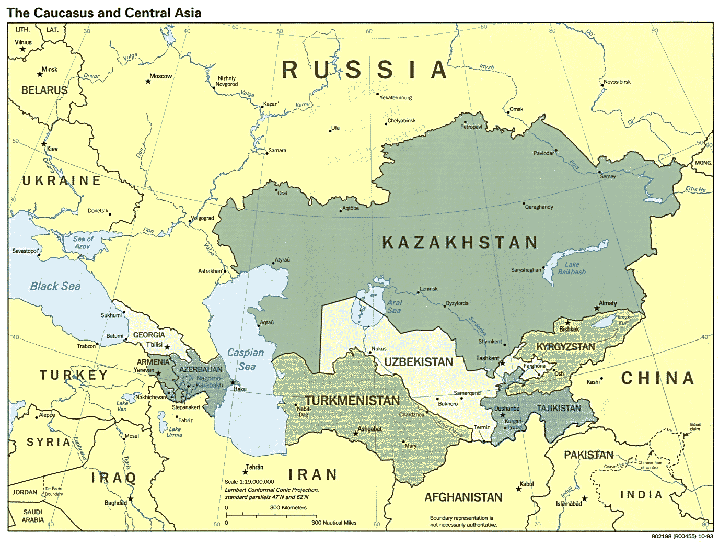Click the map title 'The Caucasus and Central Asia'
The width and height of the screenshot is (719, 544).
(x=104, y=13)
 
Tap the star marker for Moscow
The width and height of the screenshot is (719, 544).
(x=148, y=82)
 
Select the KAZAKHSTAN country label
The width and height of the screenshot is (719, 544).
(x=460, y=243)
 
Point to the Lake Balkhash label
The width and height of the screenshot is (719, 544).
(x=572, y=268)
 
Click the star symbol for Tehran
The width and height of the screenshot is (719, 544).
(x=245, y=472)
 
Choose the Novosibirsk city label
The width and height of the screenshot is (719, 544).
(x=617, y=82)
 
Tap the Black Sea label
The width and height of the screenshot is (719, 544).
(x=55, y=286)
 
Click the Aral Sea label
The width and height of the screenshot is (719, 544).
(x=395, y=307)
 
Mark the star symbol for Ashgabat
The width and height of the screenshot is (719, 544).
(x=356, y=433)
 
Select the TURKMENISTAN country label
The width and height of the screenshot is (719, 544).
(x=352, y=401)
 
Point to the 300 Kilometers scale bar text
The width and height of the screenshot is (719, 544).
(x=288, y=507)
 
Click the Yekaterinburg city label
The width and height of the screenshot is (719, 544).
(x=396, y=98)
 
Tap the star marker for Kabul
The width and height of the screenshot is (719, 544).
(x=519, y=489)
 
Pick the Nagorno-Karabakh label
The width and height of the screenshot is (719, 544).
(x=209, y=382)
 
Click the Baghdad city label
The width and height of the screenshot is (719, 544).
(x=115, y=503)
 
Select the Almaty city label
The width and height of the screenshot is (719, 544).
(x=608, y=303)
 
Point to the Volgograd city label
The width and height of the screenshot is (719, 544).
(x=202, y=218)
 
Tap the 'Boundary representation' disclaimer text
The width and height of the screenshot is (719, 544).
(x=463, y=521)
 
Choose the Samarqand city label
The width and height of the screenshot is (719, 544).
(x=467, y=393)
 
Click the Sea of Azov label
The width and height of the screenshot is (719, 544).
(x=83, y=243)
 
